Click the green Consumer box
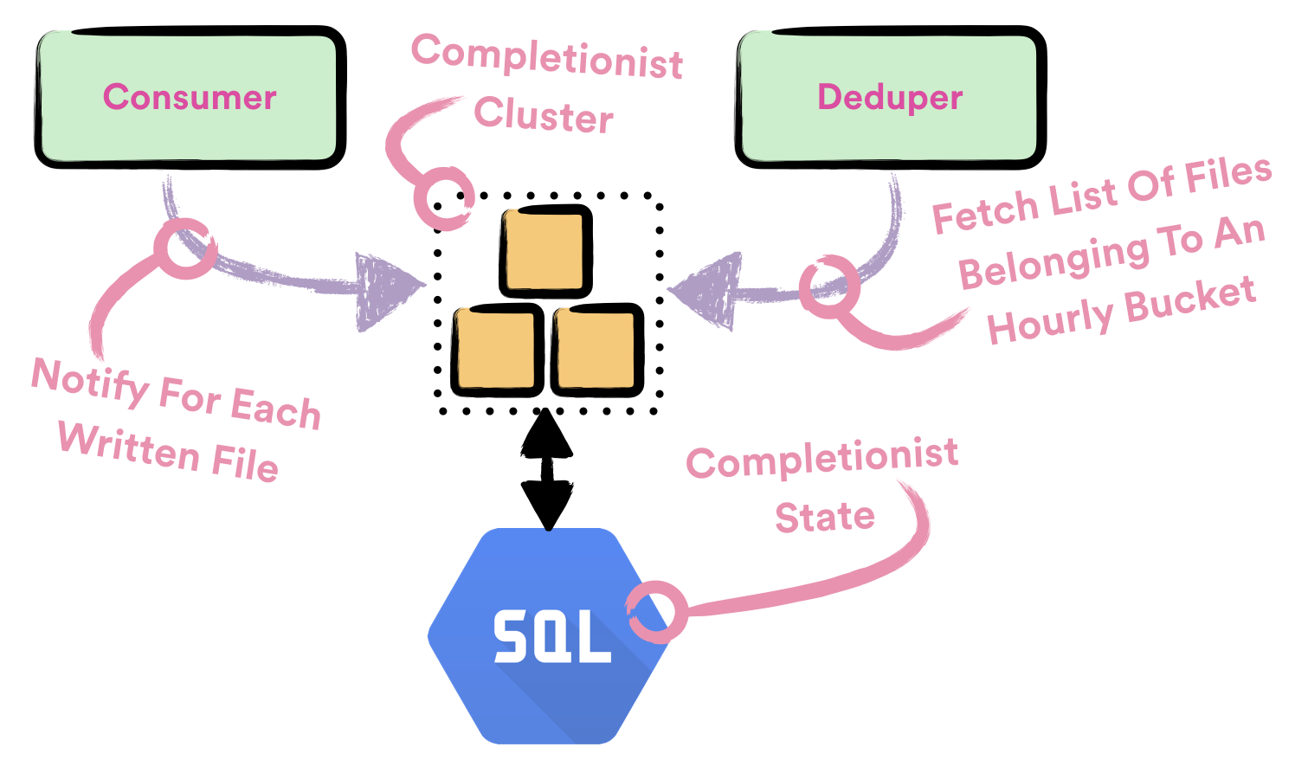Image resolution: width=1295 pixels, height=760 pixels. tap(190, 97)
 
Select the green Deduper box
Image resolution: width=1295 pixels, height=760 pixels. tap(890, 97)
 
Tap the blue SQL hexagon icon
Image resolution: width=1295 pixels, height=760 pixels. tap(551, 636)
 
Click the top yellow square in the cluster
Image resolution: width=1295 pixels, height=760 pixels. tap(545, 251)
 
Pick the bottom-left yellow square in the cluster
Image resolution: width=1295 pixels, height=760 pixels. tap(496, 350)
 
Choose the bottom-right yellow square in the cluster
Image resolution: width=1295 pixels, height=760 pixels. tap(597, 350)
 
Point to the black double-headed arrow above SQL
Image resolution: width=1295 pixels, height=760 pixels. tap(546, 469)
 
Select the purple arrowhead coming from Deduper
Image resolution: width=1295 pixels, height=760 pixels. tap(705, 291)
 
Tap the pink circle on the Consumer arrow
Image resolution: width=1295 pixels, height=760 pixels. tap(184, 248)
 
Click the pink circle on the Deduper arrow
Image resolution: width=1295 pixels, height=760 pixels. tap(828, 287)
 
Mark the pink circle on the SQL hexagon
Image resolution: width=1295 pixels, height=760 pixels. tap(657, 612)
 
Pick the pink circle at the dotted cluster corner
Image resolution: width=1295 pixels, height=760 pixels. tap(443, 198)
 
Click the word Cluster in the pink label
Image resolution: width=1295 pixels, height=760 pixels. tap(544, 115)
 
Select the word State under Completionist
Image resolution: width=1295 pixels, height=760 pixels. tap(824, 517)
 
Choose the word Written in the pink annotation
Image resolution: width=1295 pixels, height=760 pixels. tap(130, 446)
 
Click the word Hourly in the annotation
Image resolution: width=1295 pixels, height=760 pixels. tap(1049, 321)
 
